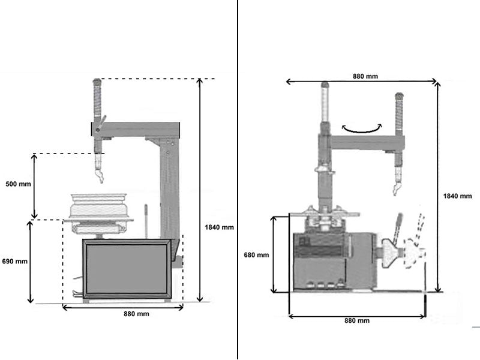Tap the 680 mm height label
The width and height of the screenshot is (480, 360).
point(256,255)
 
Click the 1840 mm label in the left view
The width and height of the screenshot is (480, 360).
point(219,227)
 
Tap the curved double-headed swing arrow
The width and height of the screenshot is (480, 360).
point(361,127)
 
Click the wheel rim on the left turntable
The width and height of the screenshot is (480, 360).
point(97,205)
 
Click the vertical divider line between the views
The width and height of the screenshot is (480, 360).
point(238,180)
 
